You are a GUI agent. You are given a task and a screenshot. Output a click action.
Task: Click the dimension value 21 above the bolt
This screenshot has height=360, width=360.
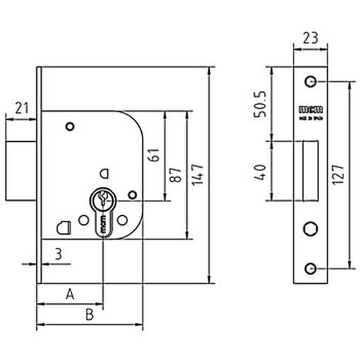pos(21,107)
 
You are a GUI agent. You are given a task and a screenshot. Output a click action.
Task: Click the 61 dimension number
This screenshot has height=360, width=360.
pos(154,156)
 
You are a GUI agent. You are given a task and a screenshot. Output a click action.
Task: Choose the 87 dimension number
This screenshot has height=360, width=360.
pos(176,174)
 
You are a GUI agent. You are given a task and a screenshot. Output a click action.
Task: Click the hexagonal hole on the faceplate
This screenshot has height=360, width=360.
pos(309,229)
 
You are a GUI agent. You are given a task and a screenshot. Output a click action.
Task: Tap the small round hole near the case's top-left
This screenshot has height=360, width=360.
pos(69,126)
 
